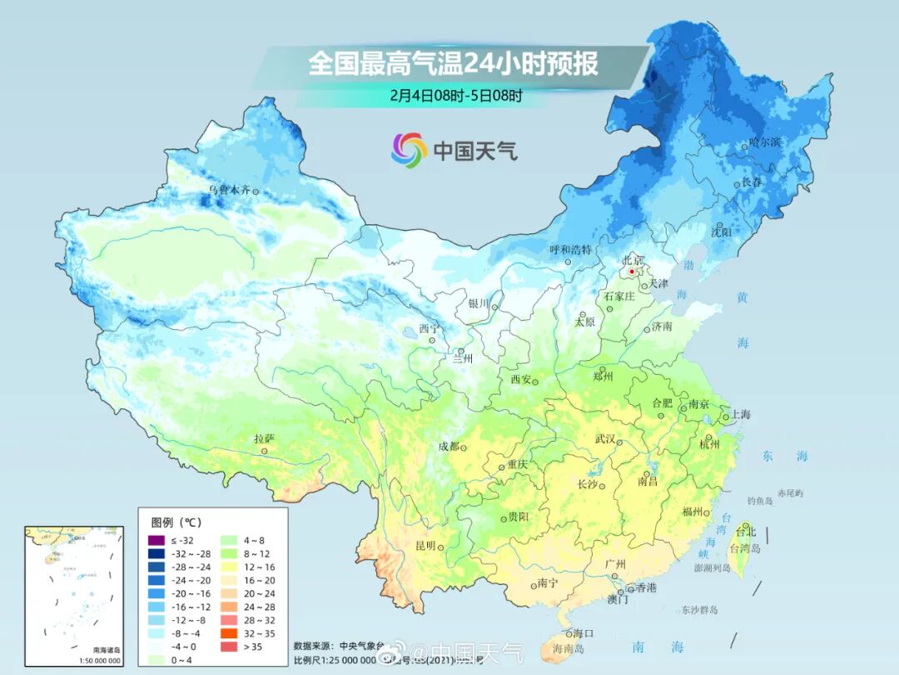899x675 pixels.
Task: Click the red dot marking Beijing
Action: click(633, 272)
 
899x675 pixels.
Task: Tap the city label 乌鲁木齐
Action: click(229, 190)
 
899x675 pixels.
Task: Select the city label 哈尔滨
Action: click(765, 142)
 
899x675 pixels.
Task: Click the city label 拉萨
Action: click(264, 438)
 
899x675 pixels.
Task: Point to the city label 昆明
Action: click(425, 546)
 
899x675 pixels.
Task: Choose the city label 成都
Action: click(449, 446)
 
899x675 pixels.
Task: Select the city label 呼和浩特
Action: click(571, 249)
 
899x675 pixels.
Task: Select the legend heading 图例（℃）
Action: click(176, 522)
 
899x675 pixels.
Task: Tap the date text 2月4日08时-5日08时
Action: click(455, 95)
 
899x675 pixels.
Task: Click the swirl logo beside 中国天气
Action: click(409, 150)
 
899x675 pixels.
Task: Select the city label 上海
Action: click(741, 415)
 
